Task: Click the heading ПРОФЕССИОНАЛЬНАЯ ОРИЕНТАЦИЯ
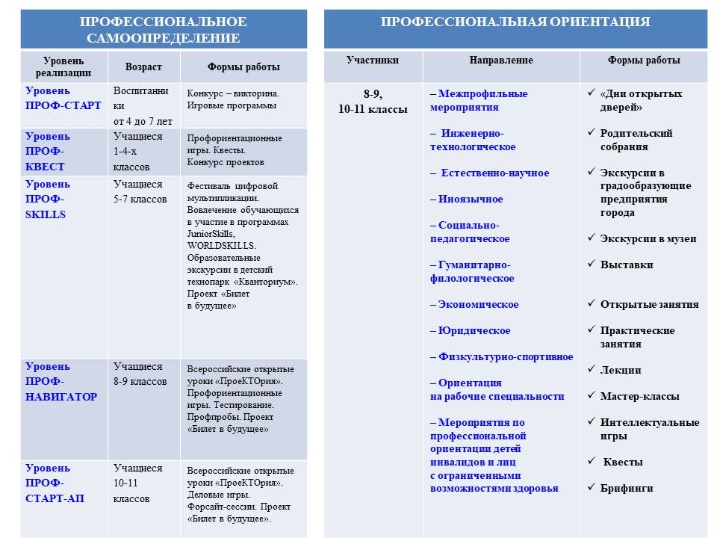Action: click(x=515, y=22)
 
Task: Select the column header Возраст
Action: click(x=144, y=67)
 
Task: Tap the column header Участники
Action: click(x=373, y=60)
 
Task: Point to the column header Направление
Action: click(x=501, y=60)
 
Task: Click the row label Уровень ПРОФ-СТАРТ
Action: click(x=63, y=98)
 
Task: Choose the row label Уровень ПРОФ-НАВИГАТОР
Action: click(x=61, y=381)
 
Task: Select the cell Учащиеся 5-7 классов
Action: click(x=140, y=191)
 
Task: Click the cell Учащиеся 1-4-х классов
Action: click(x=137, y=152)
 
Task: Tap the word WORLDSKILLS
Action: click(x=222, y=245)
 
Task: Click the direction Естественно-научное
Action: click(x=490, y=173)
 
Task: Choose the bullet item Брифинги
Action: click(x=627, y=489)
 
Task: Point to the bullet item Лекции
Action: click(x=621, y=371)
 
